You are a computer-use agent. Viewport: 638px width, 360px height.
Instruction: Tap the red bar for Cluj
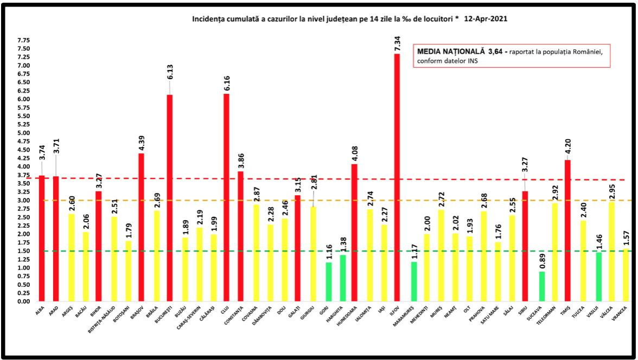click(x=227, y=197)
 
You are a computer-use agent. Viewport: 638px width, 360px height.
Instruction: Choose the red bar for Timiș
click(x=567, y=230)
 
